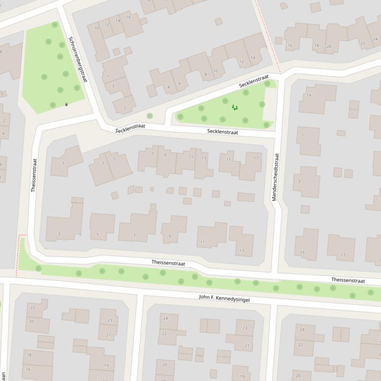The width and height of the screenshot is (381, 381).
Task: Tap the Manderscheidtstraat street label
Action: (275, 177)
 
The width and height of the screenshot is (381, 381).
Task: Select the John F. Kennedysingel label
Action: (224, 298)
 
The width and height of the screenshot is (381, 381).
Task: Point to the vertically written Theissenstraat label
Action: (34, 175)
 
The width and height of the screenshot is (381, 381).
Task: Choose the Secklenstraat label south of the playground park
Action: (222, 132)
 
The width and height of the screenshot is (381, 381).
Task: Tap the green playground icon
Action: (234, 107)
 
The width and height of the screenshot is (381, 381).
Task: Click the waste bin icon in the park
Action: (66, 104)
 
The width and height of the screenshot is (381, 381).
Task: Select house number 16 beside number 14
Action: (128, 17)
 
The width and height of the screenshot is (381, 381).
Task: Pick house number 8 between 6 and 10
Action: (206, 74)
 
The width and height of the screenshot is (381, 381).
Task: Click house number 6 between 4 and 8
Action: (180, 83)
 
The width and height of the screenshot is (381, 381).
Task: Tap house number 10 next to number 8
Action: (216, 71)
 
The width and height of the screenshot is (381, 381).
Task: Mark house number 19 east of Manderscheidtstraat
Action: (309, 95)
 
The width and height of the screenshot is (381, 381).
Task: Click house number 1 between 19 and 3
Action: (303, 135)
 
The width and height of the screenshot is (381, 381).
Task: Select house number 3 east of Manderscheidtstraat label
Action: (299, 182)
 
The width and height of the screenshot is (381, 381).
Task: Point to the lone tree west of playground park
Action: (150, 116)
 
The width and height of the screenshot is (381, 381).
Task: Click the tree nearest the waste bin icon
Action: (53, 105)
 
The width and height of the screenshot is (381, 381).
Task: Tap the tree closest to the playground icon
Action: (225, 101)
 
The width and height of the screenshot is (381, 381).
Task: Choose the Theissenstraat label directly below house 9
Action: (168, 263)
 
